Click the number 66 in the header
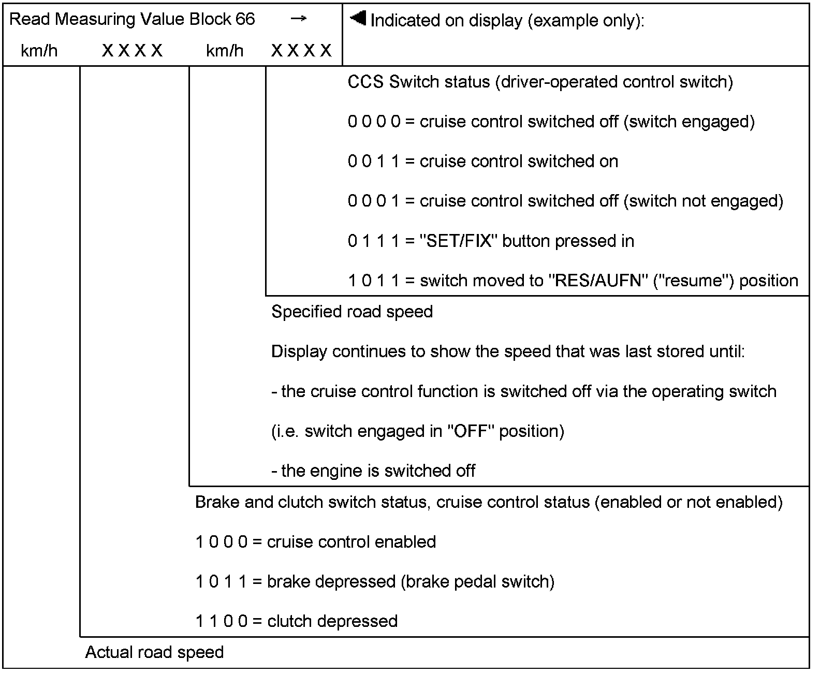pos(245,19)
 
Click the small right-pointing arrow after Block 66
pos(298,19)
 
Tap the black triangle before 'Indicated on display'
pos(358,19)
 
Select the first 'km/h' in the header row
pos(39,51)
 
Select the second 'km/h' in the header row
pos(225,51)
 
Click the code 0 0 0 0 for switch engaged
pos(374,122)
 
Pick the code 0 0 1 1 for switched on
pos(374,162)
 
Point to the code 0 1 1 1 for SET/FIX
pos(374,241)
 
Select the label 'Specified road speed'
pos(352,312)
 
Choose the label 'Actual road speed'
pos(154,652)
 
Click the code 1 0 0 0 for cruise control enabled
pos(222,542)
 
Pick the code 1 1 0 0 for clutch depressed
pos(222,621)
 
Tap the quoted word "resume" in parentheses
pos(691,281)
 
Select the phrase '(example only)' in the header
pos(585,21)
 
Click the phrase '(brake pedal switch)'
pos(477,582)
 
